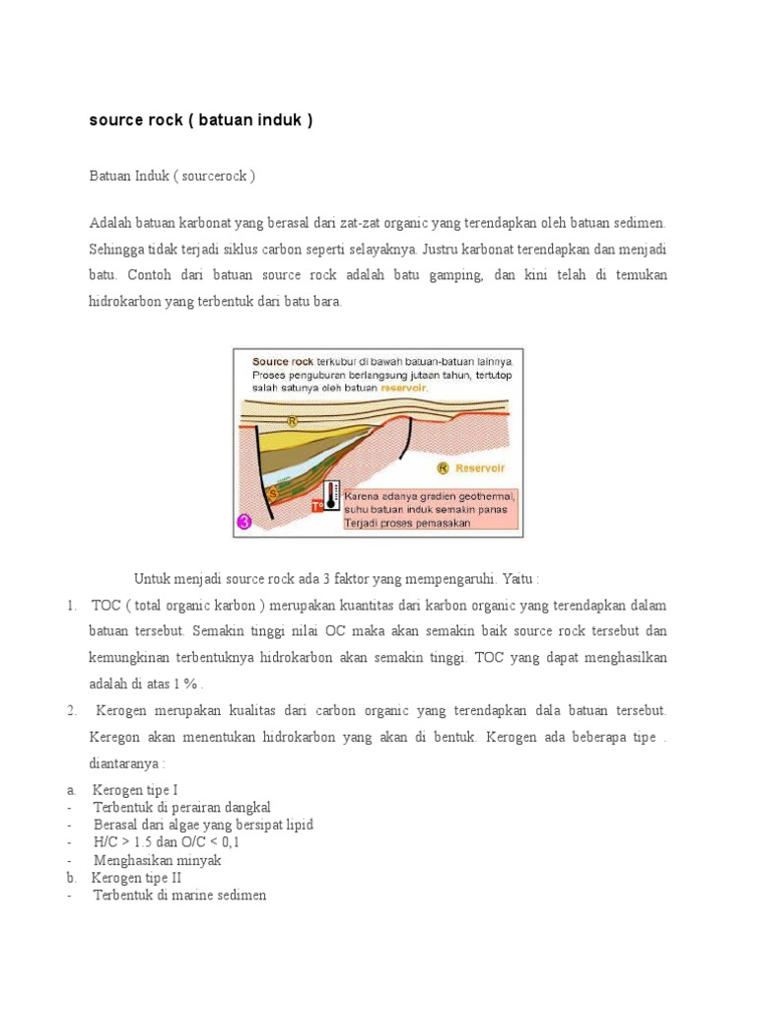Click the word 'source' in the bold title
click(113, 120)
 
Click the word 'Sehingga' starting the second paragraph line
click(117, 250)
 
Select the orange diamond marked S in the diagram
click(273, 492)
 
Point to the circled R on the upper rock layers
click(292, 421)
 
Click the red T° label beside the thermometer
click(317, 505)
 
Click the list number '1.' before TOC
click(73, 605)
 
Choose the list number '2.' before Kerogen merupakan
click(73, 710)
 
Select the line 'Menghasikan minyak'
click(158, 860)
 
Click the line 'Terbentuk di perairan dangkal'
click(181, 807)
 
